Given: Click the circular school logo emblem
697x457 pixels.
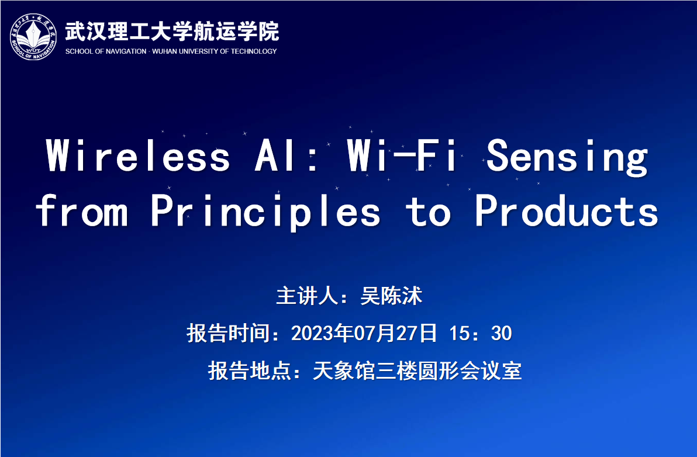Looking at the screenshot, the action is click(33, 36).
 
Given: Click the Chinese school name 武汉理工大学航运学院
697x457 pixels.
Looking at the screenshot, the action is click(172, 31).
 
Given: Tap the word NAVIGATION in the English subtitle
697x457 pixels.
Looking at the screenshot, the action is click(125, 51).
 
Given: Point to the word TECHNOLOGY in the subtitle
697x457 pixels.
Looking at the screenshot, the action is click(254, 51).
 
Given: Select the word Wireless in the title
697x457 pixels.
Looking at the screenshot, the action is click(138, 155).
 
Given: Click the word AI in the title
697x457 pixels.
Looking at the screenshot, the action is click(274, 155).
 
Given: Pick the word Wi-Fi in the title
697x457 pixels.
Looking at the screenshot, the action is click(402, 155).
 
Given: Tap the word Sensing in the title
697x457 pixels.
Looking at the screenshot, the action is click(567, 157).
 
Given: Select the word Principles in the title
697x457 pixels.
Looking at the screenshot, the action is click(266, 212).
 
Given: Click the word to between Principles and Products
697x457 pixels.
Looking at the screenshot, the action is click(427, 212).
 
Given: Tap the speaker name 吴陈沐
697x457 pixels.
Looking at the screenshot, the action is click(391, 296).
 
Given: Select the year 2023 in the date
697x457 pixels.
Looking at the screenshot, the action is click(312, 333).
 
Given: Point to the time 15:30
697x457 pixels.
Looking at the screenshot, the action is click(481, 333).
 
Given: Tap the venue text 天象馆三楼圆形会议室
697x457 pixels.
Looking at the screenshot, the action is click(417, 371).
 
